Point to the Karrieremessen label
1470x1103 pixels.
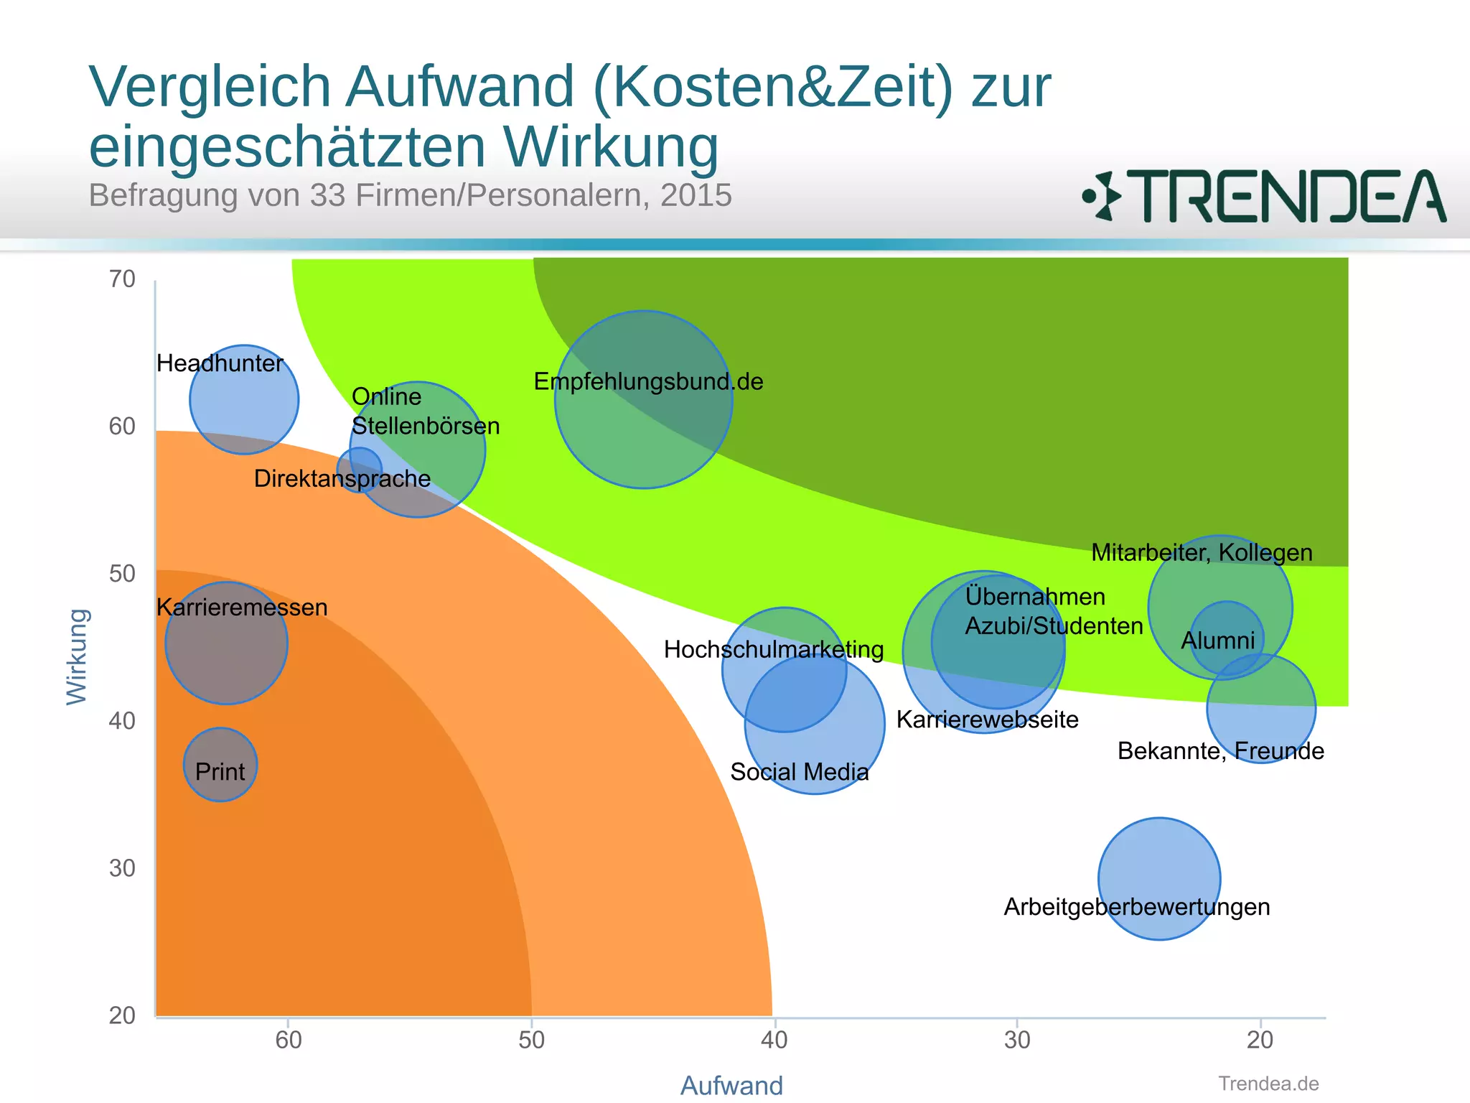242,608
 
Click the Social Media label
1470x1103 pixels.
799,772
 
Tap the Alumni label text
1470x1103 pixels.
1218,640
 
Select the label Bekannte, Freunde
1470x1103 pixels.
1220,751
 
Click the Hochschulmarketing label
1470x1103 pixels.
773,649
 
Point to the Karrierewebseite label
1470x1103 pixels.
987,720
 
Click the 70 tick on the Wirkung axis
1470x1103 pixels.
122,279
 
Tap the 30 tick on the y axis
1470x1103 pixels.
122,868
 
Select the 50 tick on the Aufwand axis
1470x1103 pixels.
531,1040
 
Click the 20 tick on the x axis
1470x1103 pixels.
1260,1040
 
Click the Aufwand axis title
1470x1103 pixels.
731,1085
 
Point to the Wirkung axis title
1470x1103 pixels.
77,656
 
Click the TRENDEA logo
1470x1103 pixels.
1264,196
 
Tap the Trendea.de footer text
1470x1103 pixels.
1268,1084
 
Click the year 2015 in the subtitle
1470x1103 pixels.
696,195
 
